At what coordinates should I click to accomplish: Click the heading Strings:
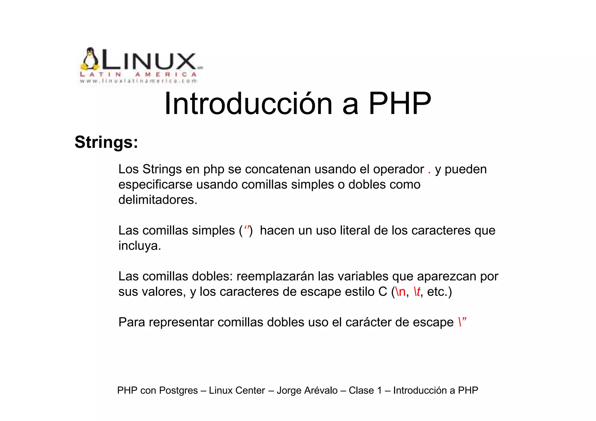click(106, 142)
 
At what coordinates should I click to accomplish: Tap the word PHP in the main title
click(400, 104)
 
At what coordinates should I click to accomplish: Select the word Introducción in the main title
click(248, 104)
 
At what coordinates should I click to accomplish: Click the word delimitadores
click(158, 200)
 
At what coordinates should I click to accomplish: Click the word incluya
click(140, 246)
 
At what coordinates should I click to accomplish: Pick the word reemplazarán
click(275, 276)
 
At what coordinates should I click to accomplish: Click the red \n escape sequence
click(400, 292)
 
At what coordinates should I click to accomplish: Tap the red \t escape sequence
click(417, 292)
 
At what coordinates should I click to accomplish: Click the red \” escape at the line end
click(462, 322)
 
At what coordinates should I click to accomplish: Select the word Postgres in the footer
click(178, 390)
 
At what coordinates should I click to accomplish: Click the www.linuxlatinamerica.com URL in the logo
click(139, 81)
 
